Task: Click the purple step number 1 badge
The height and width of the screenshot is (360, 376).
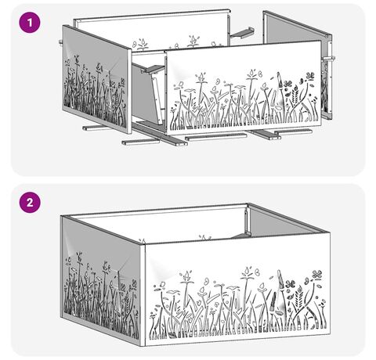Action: tap(30, 23)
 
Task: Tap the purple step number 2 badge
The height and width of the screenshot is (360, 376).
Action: tap(30, 202)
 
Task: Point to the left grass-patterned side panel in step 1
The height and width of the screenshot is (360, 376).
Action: tap(96, 80)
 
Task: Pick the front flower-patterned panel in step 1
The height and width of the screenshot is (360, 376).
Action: tap(244, 88)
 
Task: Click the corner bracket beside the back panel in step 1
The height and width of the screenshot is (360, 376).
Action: tap(242, 33)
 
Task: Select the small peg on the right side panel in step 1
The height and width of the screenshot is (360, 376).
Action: tap(330, 58)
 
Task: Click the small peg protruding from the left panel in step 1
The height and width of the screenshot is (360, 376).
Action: tap(60, 41)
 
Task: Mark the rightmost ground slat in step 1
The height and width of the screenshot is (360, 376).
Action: tap(293, 131)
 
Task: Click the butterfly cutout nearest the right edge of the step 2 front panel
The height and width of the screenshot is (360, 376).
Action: tap(316, 275)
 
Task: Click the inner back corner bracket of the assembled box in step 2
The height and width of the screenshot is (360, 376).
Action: tap(246, 219)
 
